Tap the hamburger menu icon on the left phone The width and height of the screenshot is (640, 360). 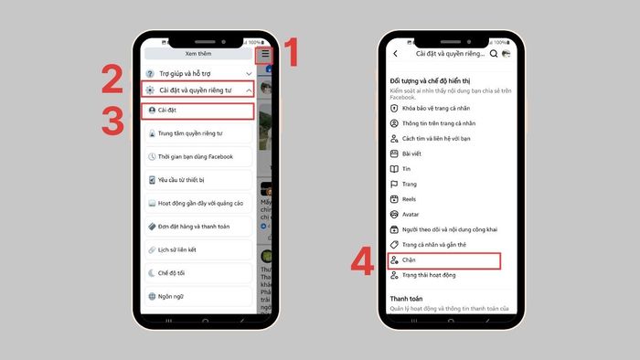(x=265, y=55)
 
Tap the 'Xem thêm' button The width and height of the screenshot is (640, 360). (x=198, y=55)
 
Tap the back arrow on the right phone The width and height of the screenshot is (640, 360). (x=395, y=54)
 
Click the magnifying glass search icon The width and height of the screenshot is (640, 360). (x=494, y=54)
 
